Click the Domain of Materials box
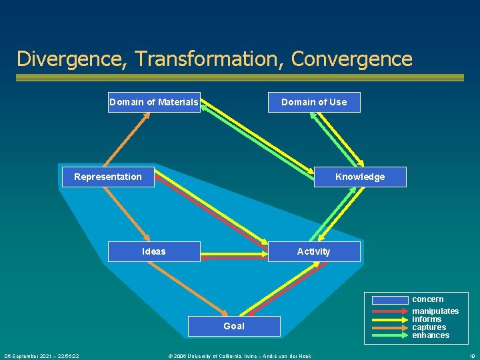[x=154, y=102]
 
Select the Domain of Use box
[x=314, y=102]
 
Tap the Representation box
[x=108, y=177]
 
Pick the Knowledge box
[x=360, y=177]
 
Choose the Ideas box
[x=154, y=251]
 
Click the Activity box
[x=313, y=251]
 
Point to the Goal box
[x=234, y=326]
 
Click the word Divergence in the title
[x=71, y=59]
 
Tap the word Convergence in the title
[x=352, y=59]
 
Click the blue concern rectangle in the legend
[x=389, y=300]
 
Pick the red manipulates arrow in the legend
[x=389, y=311]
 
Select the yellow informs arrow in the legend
[x=389, y=319]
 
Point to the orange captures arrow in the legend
[x=389, y=327]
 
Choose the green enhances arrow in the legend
[x=389, y=335]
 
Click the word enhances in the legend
[x=431, y=335]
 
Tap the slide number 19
[x=471, y=356]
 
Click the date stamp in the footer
[x=42, y=356]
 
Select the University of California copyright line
[x=239, y=356]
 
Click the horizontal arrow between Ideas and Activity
[x=234, y=254]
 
